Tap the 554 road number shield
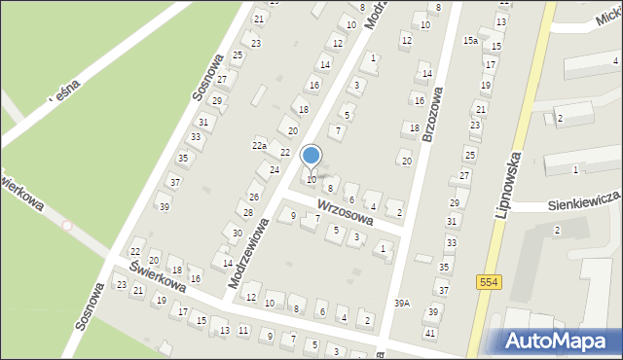point(490,281)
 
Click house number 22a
point(259,145)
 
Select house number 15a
point(470,40)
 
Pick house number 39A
point(402,304)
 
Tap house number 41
point(429,333)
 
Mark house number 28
point(248,213)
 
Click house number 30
point(238,233)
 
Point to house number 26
point(254,198)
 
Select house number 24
point(275,170)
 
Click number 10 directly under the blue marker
point(311,180)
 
